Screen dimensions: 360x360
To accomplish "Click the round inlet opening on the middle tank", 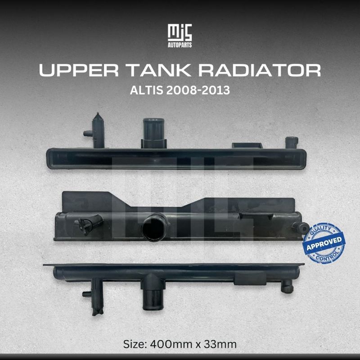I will pyautogui.click(x=151, y=229).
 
